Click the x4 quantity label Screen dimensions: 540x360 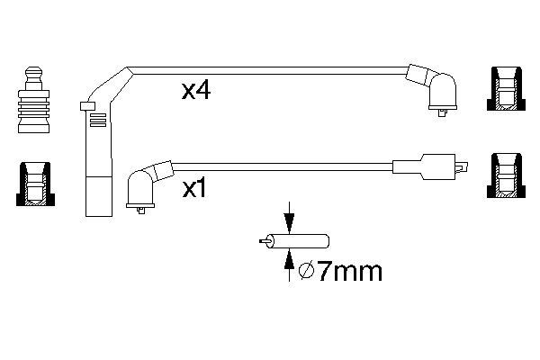[x=196, y=91]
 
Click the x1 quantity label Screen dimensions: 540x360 [x=194, y=189]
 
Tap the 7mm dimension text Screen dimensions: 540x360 [x=349, y=272]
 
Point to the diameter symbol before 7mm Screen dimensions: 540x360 [x=306, y=271]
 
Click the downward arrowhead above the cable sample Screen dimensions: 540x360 [x=289, y=223]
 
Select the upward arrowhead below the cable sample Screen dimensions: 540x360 [x=289, y=258]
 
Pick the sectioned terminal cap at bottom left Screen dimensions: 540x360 [x=35, y=184]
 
